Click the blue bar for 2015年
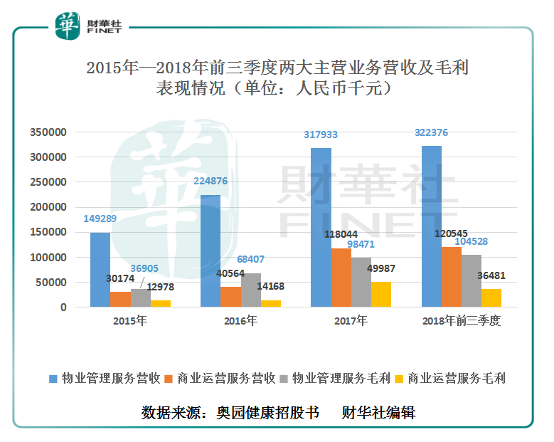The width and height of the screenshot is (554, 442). [x=100, y=270]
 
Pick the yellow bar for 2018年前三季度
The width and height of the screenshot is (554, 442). [x=491, y=298]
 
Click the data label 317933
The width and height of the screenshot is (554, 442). [x=320, y=134]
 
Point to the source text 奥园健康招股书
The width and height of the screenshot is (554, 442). [x=268, y=412]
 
